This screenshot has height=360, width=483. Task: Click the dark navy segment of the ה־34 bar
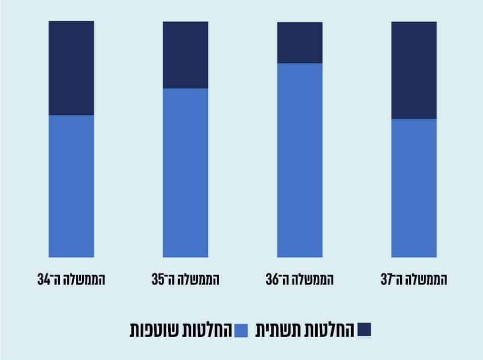pos(71,68)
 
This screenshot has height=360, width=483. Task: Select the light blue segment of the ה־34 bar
pos(71,186)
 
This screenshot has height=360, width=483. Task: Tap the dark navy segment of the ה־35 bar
pos(185,55)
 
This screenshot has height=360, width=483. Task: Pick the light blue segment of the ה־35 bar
pos(185,172)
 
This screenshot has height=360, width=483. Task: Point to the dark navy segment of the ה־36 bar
pos(300,42)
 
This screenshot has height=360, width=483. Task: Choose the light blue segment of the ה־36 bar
pos(300,160)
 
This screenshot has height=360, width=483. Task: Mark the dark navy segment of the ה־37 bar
pos(414,70)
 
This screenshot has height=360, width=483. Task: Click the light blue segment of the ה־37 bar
pos(414,188)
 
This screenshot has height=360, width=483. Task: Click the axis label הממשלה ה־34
pos(71,279)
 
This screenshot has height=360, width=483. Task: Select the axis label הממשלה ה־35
pos(185,279)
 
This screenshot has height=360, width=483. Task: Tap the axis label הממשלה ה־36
pos(300,279)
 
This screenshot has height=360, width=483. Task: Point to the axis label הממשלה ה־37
pos(414,279)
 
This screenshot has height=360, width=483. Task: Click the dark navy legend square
pos(364,330)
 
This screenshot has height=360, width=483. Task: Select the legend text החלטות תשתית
pos(306,330)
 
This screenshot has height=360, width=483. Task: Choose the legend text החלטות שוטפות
pos(180,330)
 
